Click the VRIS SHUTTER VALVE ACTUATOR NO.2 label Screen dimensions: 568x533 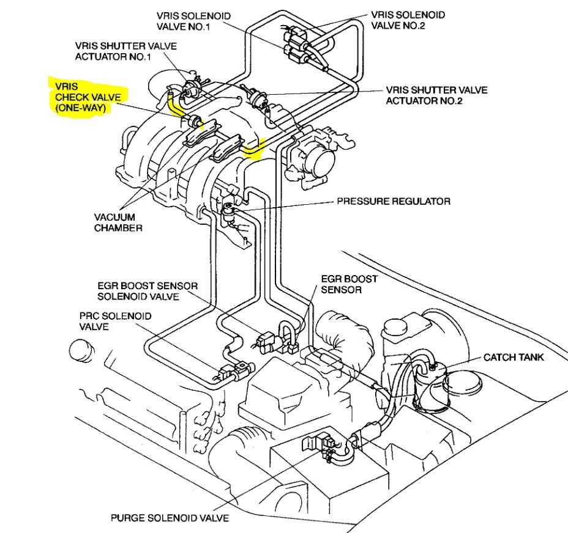tap(436, 95)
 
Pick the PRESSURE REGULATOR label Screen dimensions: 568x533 tap(394, 201)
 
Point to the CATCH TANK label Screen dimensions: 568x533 tap(513, 357)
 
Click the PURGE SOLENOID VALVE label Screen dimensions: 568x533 tap(170, 518)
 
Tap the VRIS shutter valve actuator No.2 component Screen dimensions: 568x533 tap(255, 96)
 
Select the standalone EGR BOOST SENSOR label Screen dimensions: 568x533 tap(349, 284)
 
